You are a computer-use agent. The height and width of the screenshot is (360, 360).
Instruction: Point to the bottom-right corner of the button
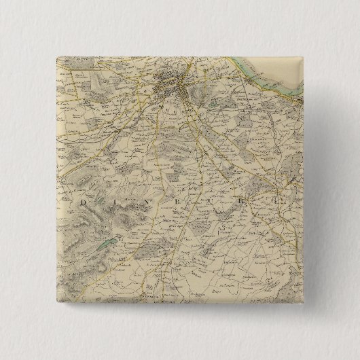[x=305, y=305]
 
